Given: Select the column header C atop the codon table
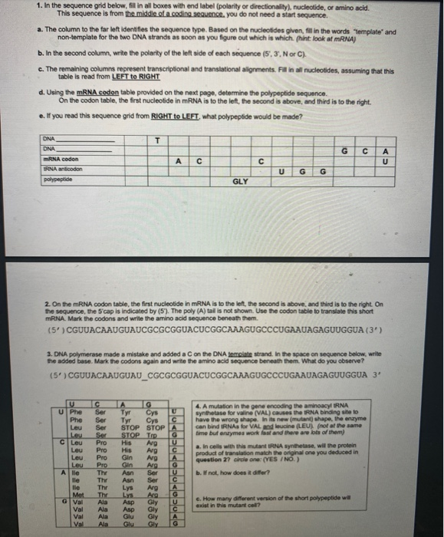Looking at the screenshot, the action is (100, 403).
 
